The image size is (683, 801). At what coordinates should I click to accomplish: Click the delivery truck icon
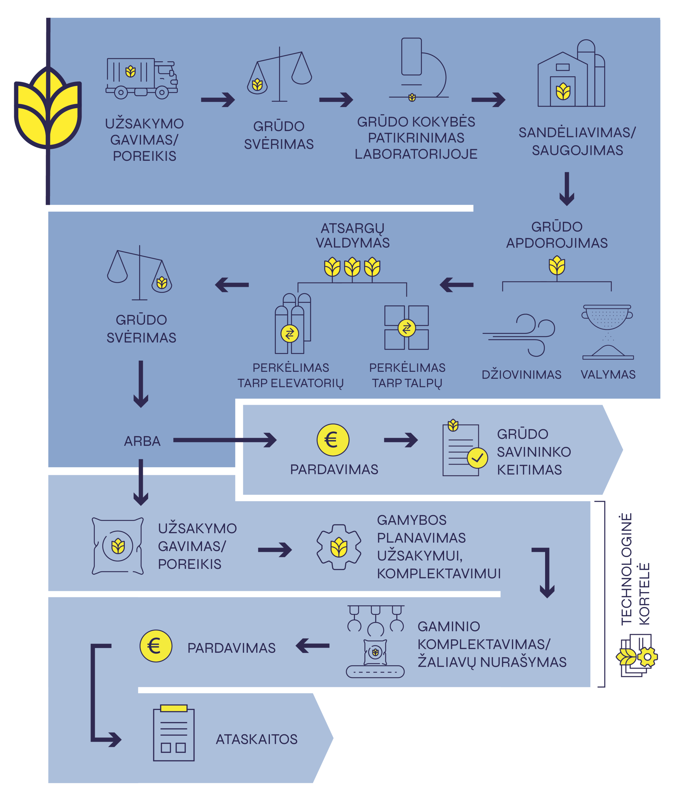[x=141, y=79]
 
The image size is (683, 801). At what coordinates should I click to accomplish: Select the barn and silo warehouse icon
[x=571, y=74]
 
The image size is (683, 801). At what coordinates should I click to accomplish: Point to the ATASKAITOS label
[x=256, y=739]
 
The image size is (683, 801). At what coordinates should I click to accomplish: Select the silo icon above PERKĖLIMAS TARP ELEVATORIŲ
[x=292, y=324]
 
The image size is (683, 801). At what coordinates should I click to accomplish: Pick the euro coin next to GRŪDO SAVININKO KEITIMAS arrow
[x=333, y=440]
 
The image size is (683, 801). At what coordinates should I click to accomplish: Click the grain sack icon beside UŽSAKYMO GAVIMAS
[x=118, y=546]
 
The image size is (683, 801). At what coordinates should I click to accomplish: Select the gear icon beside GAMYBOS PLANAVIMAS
[x=339, y=547]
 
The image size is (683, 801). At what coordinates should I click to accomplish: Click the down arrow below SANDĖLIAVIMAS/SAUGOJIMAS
[x=567, y=189]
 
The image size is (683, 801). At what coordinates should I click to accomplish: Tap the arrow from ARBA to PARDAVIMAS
[x=225, y=440]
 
